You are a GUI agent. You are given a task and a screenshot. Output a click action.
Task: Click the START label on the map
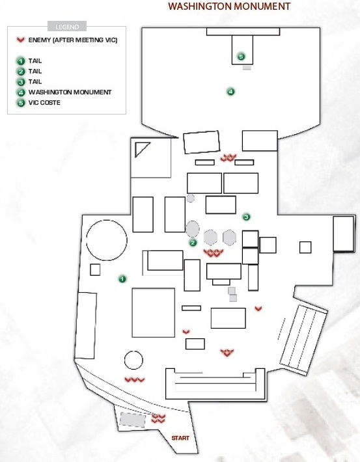pyautogui.click(x=180, y=438)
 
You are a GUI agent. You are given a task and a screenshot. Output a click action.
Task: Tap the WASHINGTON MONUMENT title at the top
pyautogui.click(x=229, y=7)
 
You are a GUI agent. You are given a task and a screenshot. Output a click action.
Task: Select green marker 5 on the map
pyautogui.click(x=241, y=57)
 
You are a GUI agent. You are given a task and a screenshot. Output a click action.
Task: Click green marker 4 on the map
pyautogui.click(x=231, y=92)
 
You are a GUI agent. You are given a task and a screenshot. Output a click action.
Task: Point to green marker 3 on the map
pyautogui.click(x=247, y=217)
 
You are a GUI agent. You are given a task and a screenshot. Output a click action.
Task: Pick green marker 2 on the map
pyautogui.click(x=193, y=243)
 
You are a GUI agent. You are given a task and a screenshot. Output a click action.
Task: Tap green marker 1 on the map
pyautogui.click(x=122, y=279)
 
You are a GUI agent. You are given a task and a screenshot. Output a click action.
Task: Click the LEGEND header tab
pyautogui.click(x=67, y=27)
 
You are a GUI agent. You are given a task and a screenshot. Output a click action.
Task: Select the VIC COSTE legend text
pyautogui.click(x=44, y=103)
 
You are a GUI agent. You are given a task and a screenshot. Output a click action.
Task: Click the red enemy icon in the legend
pyautogui.click(x=21, y=40)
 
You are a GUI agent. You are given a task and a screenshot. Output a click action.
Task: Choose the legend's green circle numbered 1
pyautogui.click(x=21, y=61)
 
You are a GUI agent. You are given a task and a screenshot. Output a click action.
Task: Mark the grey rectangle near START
pyautogui.click(x=133, y=420)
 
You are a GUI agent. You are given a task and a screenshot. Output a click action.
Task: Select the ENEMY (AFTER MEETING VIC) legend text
pyautogui.click(x=73, y=40)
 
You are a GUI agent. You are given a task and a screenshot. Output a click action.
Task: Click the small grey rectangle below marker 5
pyautogui.click(x=247, y=68)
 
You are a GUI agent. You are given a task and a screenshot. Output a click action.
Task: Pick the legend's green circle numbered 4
pyautogui.click(x=21, y=92)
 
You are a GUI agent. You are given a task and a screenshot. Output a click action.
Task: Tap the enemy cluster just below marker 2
pyautogui.click(x=214, y=253)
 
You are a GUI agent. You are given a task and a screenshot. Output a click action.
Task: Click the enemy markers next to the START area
pyautogui.click(x=158, y=418)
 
